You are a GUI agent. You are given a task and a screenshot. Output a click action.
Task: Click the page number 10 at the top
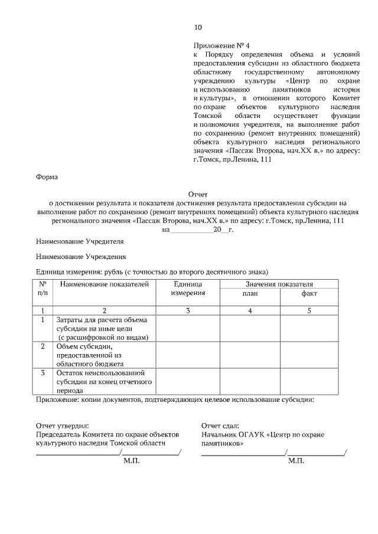click(198, 27)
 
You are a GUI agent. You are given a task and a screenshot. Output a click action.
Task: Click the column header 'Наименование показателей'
click(105, 284)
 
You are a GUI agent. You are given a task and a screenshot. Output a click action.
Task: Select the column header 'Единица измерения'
click(187, 289)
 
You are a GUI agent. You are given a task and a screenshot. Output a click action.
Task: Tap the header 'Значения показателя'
click(279, 284)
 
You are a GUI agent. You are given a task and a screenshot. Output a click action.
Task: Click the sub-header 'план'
click(250, 293)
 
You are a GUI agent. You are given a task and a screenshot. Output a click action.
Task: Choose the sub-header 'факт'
click(309, 293)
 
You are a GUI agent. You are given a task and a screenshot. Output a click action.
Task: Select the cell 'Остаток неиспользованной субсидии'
click(103, 381)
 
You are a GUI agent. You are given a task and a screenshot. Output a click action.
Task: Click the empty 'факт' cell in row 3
click(309, 381)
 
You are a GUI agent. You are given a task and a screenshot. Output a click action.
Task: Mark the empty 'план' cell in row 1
click(250, 328)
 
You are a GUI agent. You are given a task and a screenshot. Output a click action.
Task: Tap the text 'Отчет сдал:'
click(220, 425)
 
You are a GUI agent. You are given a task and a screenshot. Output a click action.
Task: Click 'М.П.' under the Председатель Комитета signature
click(132, 460)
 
